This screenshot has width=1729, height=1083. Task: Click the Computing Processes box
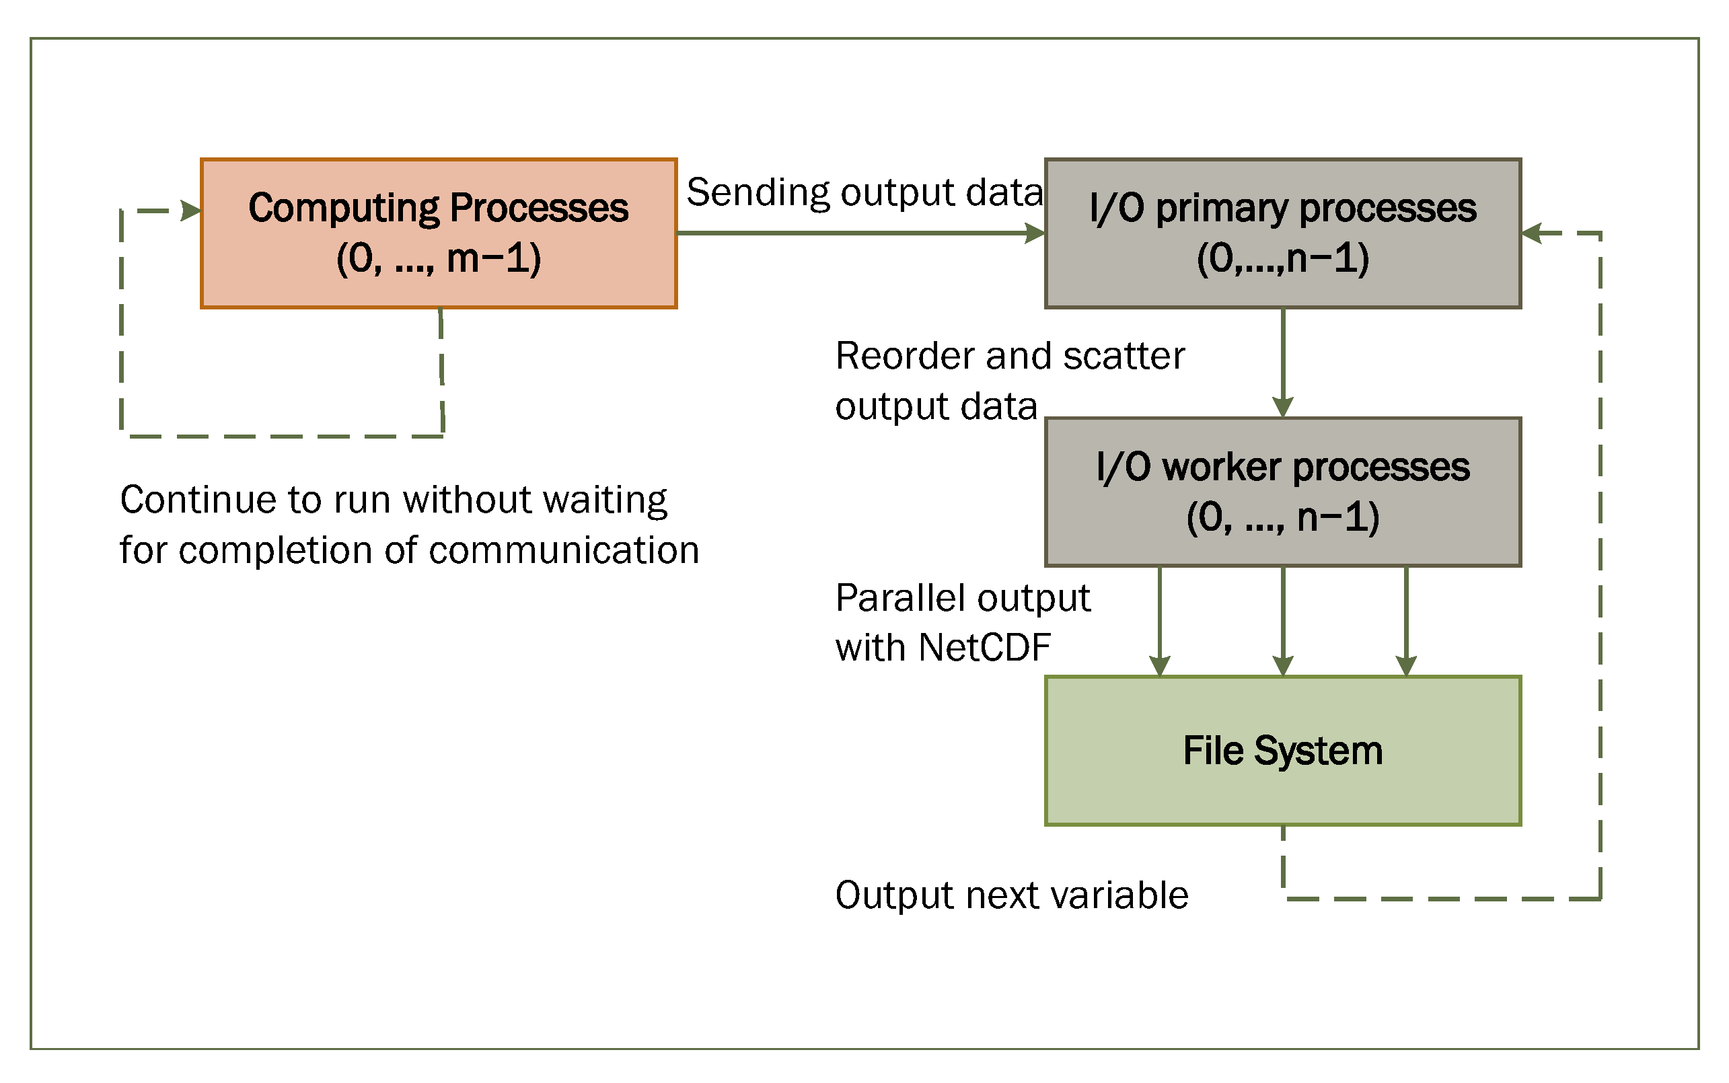(x=439, y=233)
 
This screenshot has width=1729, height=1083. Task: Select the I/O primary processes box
(x=1282, y=233)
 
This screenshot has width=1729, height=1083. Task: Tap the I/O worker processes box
(x=1282, y=492)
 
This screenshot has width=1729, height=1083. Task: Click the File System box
(x=1282, y=750)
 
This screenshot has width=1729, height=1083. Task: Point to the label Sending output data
(x=864, y=192)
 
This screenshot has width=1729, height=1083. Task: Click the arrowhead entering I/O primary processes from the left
(x=1034, y=233)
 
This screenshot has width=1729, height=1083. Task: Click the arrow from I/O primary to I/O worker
(x=1282, y=362)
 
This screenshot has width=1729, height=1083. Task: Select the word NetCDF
(x=984, y=648)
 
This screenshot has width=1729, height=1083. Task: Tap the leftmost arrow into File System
(x=1160, y=620)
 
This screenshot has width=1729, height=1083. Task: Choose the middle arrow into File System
(x=1282, y=620)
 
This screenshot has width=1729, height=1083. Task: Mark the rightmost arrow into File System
(x=1406, y=620)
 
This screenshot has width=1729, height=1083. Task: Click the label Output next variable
(x=1011, y=895)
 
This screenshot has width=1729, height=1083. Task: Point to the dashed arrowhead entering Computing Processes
(x=190, y=211)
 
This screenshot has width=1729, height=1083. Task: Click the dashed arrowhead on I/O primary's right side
(x=1531, y=233)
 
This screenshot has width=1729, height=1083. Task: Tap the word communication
(x=564, y=550)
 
